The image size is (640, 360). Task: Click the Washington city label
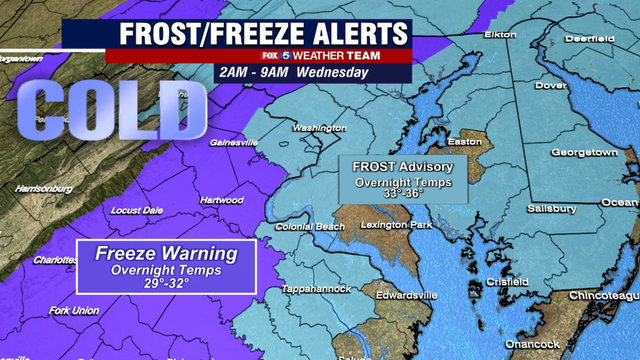tap(319, 128)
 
